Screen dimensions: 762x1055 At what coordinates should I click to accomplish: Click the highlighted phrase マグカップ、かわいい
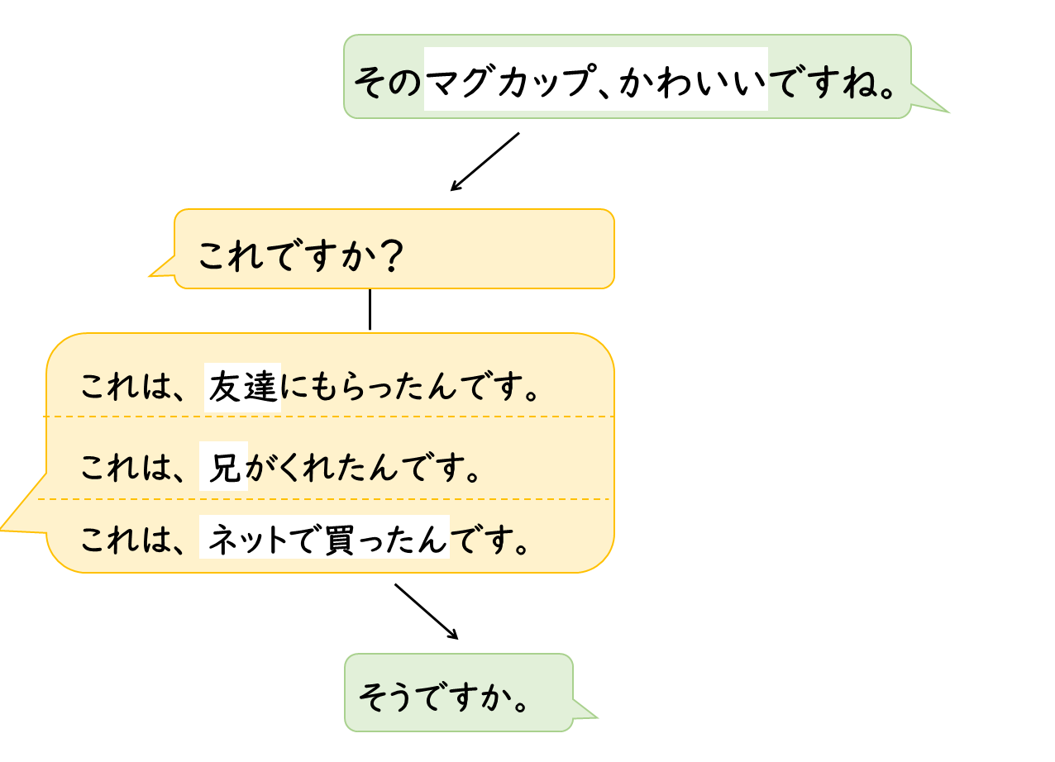pos(595,79)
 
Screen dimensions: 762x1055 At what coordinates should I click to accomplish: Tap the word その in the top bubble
pos(389,81)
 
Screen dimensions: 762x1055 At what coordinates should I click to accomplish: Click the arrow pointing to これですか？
pos(485,161)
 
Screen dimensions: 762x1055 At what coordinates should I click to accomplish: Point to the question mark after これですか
pos(385,257)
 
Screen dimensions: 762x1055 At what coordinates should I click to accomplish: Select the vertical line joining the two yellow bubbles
pos(370,309)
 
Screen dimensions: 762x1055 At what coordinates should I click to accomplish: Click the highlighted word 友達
pos(243,387)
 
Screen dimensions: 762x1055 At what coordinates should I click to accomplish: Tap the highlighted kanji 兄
pos(224,467)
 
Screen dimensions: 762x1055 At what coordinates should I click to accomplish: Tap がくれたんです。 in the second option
pos(365,468)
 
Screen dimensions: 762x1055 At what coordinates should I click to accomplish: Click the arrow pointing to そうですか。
pos(426,612)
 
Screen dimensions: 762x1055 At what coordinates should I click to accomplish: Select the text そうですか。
pos(443,698)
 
